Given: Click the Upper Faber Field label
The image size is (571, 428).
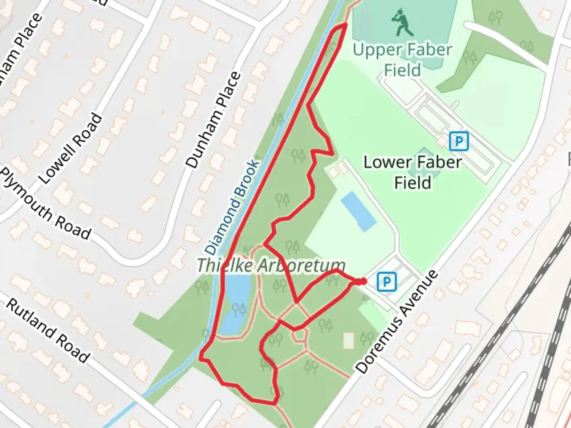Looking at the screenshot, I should point(402,59).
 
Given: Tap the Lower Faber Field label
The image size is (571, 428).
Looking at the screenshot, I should point(413,172).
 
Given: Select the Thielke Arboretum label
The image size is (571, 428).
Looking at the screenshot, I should point(271,265).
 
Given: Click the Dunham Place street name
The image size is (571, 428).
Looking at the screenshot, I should point(213,120).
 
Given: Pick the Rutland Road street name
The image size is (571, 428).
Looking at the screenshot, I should point(48,331).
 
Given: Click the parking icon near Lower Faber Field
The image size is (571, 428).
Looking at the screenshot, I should point(459,141).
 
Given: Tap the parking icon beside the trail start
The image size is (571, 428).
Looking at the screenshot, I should point(387,282).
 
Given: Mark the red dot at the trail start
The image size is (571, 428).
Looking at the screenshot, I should point(362,281).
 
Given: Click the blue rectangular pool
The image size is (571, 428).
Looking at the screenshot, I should point(358,211).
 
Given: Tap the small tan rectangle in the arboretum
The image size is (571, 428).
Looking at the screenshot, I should point(348,340).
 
